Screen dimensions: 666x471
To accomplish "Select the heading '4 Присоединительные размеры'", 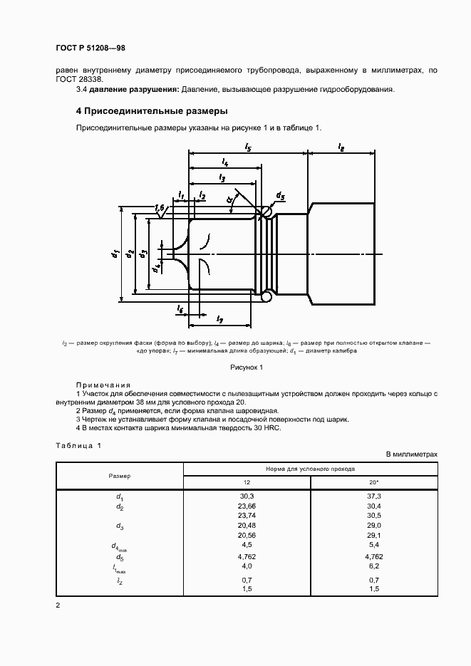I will pos(152,112).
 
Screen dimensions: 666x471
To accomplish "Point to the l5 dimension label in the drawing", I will pos(247,146).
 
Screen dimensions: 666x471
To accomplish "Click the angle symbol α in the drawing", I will pos(231,200).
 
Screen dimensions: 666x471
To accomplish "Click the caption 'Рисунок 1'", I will pos(246,368).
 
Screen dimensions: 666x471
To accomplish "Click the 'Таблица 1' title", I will pos(78,446).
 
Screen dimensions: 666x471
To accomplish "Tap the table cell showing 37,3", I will pos(373,496).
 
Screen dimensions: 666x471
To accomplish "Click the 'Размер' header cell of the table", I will pos(119,475).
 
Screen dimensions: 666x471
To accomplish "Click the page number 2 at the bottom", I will pos(58,605).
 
